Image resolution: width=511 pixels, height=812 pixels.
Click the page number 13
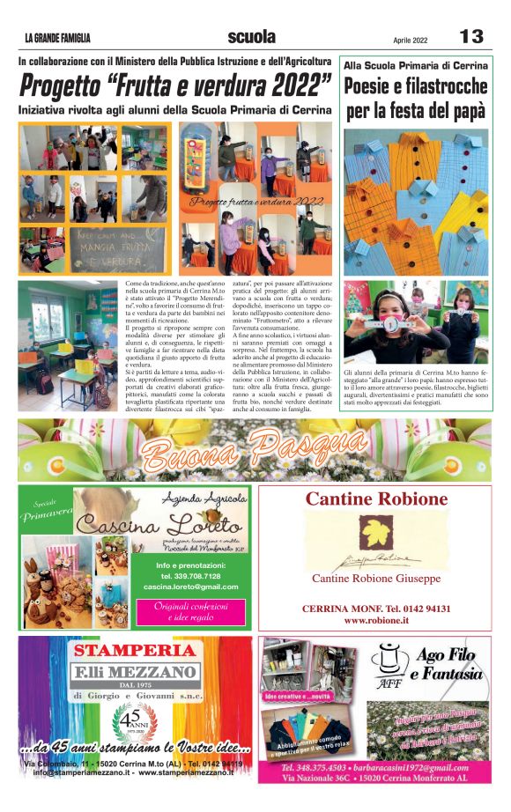[471, 37]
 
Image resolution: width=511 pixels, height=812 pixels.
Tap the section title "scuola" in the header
[251, 37]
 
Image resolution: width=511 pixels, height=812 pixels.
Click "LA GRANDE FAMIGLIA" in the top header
[57, 39]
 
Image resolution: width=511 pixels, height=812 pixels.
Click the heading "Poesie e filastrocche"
[416, 86]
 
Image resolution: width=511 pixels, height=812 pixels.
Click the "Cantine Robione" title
[376, 499]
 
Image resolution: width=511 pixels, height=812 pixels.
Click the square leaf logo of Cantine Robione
[376, 531]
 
